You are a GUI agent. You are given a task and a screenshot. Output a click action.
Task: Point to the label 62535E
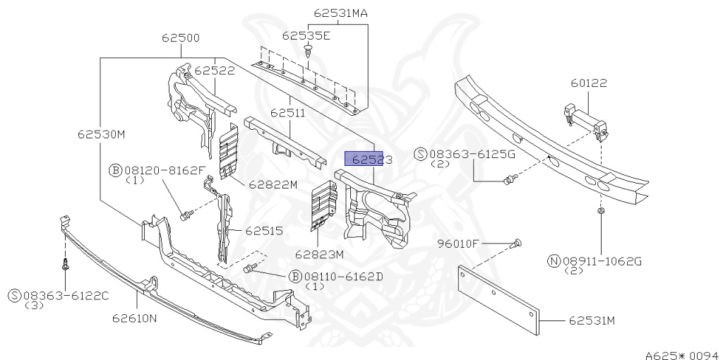pos(306,35)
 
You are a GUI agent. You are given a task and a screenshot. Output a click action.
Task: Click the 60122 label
pos(589,83)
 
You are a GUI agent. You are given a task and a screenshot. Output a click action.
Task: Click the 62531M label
pos(592,321)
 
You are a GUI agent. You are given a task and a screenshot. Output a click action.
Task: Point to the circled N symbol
pos(554,261)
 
